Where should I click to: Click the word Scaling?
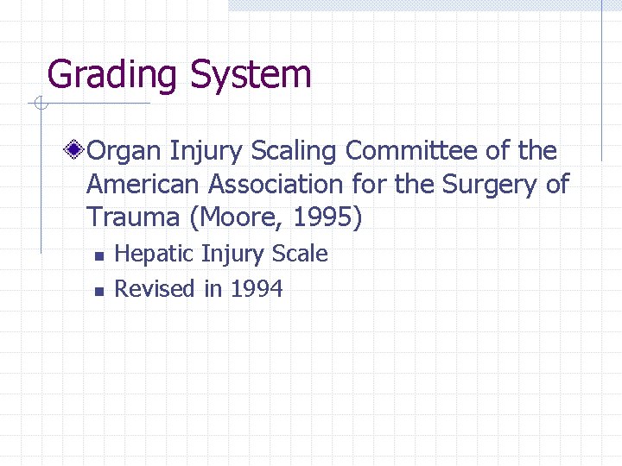(295, 152)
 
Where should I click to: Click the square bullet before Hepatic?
(99, 256)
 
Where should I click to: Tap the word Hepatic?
(154, 255)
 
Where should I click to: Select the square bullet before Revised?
(99, 291)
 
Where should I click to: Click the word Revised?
(155, 289)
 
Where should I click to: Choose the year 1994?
(257, 289)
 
